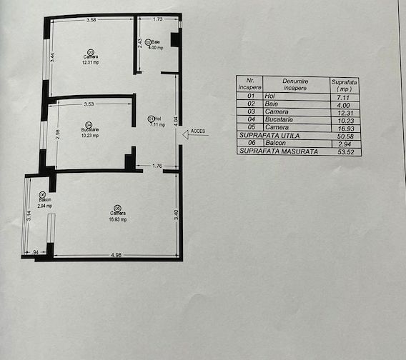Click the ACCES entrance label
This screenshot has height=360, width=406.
click(197, 131)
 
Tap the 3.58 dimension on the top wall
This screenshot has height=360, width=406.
click(91, 19)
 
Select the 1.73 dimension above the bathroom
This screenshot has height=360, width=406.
click(157, 19)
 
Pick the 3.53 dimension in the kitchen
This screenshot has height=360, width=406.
click(89, 104)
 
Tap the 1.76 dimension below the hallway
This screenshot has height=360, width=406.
click(158, 167)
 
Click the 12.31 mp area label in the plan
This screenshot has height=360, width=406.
click(90, 61)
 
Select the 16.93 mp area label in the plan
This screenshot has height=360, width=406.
click(118, 219)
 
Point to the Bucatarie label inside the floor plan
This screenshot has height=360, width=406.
click(90, 129)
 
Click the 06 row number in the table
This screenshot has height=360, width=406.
click(249, 143)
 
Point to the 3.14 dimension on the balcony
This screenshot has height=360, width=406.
click(29, 218)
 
